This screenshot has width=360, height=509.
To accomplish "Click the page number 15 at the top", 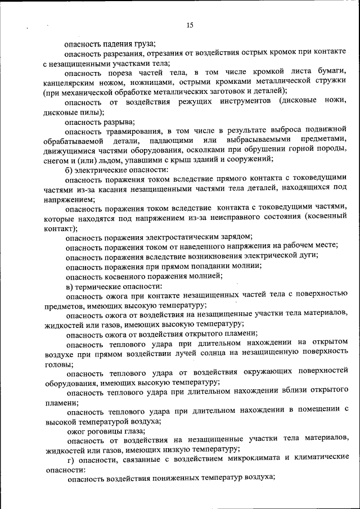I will click(190, 25).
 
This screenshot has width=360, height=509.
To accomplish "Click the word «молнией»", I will click(201, 276).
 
